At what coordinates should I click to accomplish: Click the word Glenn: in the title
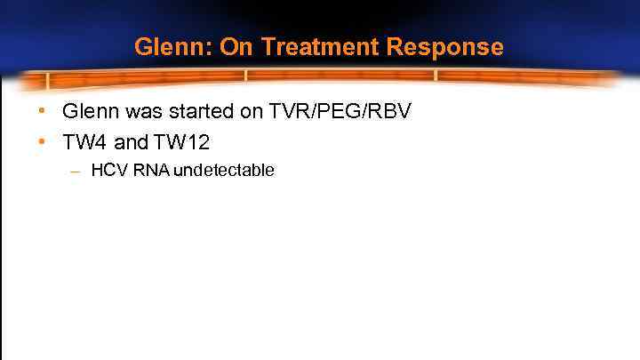(x=174, y=47)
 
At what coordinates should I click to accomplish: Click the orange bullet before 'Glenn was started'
(x=42, y=112)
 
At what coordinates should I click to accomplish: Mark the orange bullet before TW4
(x=42, y=140)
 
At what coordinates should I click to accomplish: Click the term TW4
(x=84, y=140)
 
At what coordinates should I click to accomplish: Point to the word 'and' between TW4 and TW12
(x=132, y=140)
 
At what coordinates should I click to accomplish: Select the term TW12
(x=181, y=140)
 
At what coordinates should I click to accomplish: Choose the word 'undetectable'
(x=224, y=170)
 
